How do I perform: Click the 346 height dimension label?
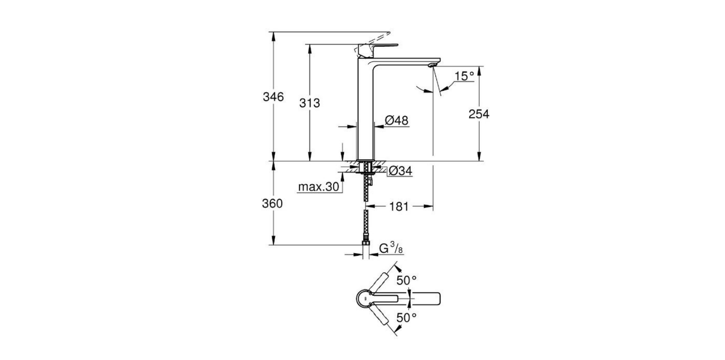[x=274, y=97]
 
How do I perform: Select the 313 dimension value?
[x=310, y=104]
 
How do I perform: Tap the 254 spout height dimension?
[x=479, y=114]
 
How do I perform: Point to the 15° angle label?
[x=463, y=76]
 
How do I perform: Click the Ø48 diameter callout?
[x=396, y=121]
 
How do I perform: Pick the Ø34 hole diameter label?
[x=400, y=171]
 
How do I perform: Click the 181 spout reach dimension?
[x=399, y=207]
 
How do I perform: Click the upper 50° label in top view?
[x=407, y=280]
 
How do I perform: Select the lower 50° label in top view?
[x=407, y=318]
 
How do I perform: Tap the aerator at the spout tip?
[x=431, y=65]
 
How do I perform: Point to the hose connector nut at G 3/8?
[x=366, y=245]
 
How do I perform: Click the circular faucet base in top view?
[x=366, y=299]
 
